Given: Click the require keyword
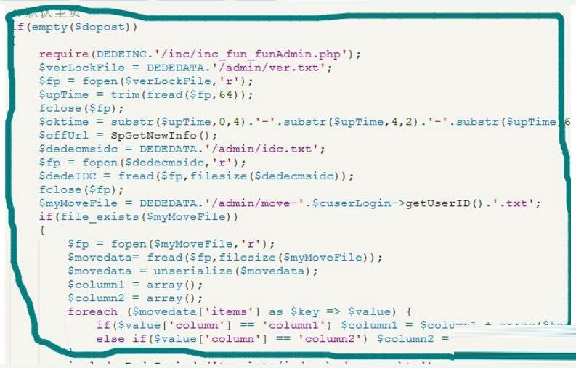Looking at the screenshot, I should pos(63,54).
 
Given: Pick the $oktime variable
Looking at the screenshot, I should pos(63,122).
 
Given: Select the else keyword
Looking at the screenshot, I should pos(109,338).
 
